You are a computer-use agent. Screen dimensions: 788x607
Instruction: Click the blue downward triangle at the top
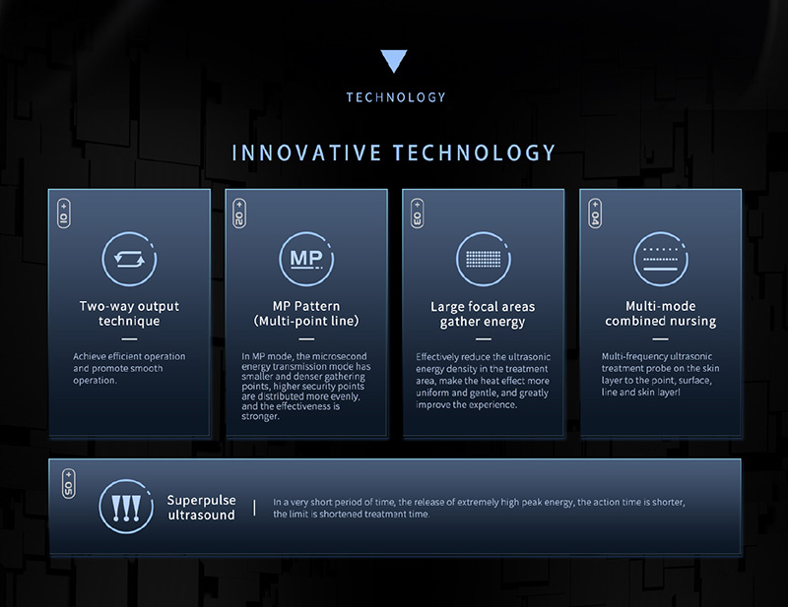point(393,60)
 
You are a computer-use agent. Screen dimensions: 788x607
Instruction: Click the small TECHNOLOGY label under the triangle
point(396,97)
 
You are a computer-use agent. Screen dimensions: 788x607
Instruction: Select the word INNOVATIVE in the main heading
point(306,153)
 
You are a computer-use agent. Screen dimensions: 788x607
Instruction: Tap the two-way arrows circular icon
point(129,259)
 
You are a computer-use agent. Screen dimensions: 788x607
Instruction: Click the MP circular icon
point(306,259)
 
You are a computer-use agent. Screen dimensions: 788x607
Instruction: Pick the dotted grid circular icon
point(484,259)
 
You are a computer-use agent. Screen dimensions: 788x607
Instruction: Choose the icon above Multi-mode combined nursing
point(660,259)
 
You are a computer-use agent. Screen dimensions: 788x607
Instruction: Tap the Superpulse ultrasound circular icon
point(126,506)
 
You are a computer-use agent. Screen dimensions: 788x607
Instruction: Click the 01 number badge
point(64,213)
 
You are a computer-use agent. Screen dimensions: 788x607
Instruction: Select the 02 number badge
point(239,213)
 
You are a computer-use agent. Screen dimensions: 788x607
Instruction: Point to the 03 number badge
point(417,213)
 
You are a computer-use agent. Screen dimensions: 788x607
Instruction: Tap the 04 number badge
point(595,213)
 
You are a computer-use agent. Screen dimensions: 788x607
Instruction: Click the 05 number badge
point(69,483)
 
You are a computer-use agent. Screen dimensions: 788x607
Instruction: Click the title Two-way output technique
point(129,314)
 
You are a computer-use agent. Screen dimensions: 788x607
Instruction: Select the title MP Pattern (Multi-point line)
point(306,314)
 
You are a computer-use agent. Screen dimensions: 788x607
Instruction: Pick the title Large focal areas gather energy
point(483,314)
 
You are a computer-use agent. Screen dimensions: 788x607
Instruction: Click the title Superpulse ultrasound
point(201,508)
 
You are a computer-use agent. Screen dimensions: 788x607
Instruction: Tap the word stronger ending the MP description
point(259,417)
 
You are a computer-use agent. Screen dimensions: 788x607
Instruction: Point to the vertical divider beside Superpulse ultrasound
point(254,508)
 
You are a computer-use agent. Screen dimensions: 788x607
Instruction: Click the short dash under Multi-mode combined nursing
point(660,339)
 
